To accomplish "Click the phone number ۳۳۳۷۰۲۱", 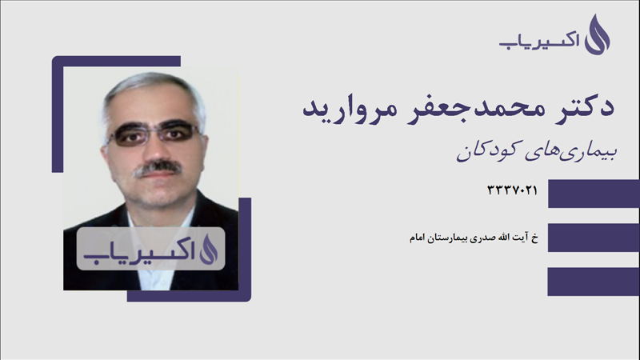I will (511, 190).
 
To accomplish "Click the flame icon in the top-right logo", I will (597, 35).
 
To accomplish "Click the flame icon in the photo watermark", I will (207, 249).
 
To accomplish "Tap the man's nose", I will (155, 149).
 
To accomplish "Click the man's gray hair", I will (152, 87).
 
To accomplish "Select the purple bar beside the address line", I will (593, 238).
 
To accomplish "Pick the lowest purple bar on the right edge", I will (593, 282).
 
